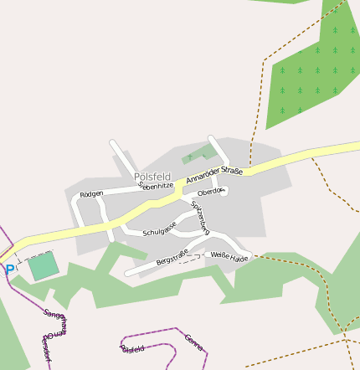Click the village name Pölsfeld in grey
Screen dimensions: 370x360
152,177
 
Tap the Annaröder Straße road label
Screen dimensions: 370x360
214,176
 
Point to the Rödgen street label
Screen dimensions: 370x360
91,194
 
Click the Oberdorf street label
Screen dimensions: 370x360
211,192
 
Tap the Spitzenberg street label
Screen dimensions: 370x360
200,216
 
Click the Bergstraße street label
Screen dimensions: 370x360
172,257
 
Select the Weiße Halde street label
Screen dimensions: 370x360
229,256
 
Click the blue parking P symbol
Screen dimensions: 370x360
9,270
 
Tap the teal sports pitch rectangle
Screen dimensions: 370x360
44,266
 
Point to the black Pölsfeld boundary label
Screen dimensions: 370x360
133,348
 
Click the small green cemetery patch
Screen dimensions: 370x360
198,153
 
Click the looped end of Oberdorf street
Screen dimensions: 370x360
221,191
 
